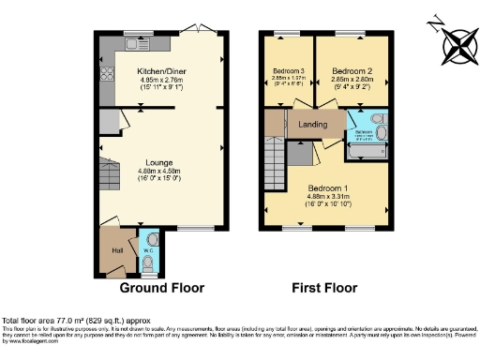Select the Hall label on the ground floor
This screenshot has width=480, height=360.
[x=117, y=250]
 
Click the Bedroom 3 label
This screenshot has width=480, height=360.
[x=289, y=71]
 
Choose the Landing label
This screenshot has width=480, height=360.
[x=312, y=124]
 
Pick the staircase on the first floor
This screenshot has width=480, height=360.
[x=273, y=161]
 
